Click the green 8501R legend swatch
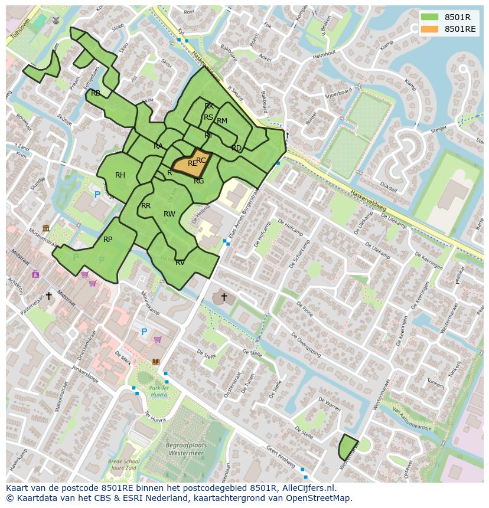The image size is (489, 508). (x=430, y=17)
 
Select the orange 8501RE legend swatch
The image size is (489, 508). (x=430, y=29)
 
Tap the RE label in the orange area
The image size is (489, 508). (x=192, y=163)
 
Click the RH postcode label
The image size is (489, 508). (x=120, y=175)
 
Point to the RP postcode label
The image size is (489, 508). (x=107, y=240)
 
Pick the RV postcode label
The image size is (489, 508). (x=180, y=263)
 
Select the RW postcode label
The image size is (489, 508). (x=169, y=214)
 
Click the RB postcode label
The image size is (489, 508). (x=96, y=93)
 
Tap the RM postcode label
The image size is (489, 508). (x=222, y=121)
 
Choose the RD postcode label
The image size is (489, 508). (x=236, y=148)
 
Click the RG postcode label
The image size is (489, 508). (x=198, y=181)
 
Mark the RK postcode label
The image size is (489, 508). (x=209, y=106)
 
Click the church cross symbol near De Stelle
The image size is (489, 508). (x=223, y=296)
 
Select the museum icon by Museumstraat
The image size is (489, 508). (x=46, y=228)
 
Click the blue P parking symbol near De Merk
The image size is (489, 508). (x=144, y=332)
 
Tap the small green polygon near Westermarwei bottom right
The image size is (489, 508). (x=348, y=447)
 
